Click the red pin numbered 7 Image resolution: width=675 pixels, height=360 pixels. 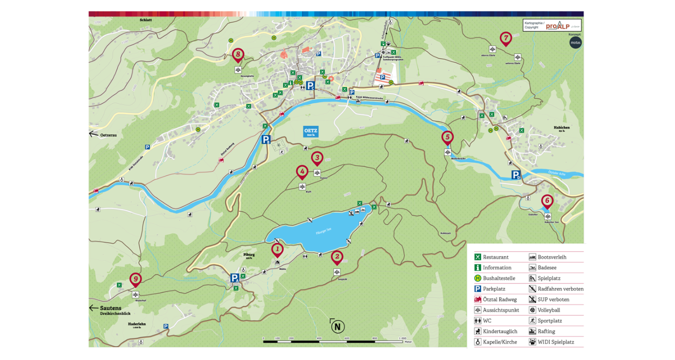(505, 38)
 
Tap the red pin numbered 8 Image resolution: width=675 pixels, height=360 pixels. (238, 54)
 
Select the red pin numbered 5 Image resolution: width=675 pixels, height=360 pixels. (447, 137)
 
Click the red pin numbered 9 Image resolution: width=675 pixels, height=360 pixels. (135, 279)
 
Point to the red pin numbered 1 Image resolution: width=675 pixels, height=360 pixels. (277, 249)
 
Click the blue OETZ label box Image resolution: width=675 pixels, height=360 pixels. (310, 132)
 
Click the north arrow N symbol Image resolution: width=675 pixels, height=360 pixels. (338, 327)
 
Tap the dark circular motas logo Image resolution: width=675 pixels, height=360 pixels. (576, 43)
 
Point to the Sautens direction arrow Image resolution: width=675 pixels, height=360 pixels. (93, 308)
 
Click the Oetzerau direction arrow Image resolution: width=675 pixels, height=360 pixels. (93, 134)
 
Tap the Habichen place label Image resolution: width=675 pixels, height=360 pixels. (561, 127)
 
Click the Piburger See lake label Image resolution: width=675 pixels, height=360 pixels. (324, 231)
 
